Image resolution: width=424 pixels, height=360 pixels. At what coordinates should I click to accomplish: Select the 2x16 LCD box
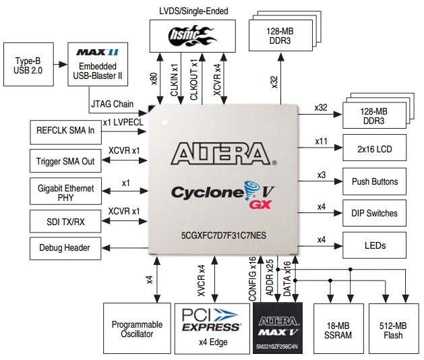(375, 148)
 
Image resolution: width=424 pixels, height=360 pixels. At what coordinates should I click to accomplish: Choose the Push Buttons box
(375, 181)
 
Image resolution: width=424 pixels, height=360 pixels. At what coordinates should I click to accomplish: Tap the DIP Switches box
(375, 212)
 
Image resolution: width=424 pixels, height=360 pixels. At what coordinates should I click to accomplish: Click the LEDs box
(375, 245)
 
